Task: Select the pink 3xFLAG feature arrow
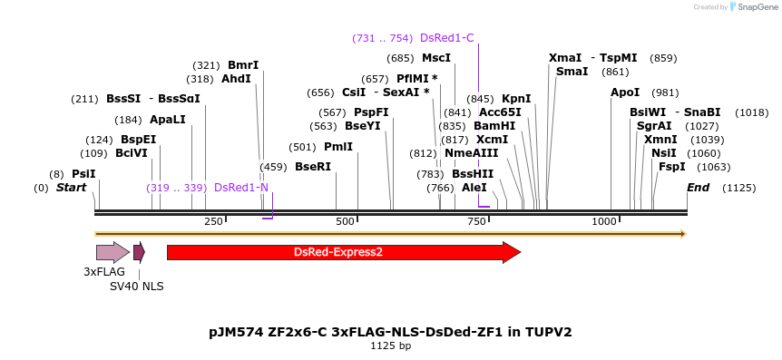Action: [x=112, y=252]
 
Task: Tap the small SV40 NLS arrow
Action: [x=139, y=252]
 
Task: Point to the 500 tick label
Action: [x=345, y=221]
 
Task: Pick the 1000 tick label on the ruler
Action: [x=604, y=221]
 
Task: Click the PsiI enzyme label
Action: [x=83, y=174]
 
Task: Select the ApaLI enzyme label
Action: [x=168, y=120]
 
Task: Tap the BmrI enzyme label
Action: [x=242, y=65]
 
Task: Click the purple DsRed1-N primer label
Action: [x=241, y=188]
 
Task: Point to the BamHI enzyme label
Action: [x=494, y=126]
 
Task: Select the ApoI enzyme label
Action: [x=625, y=92]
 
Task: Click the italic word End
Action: [x=698, y=188]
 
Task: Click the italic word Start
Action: [x=71, y=188]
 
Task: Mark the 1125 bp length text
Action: [x=390, y=345]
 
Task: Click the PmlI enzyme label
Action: [x=338, y=147]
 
